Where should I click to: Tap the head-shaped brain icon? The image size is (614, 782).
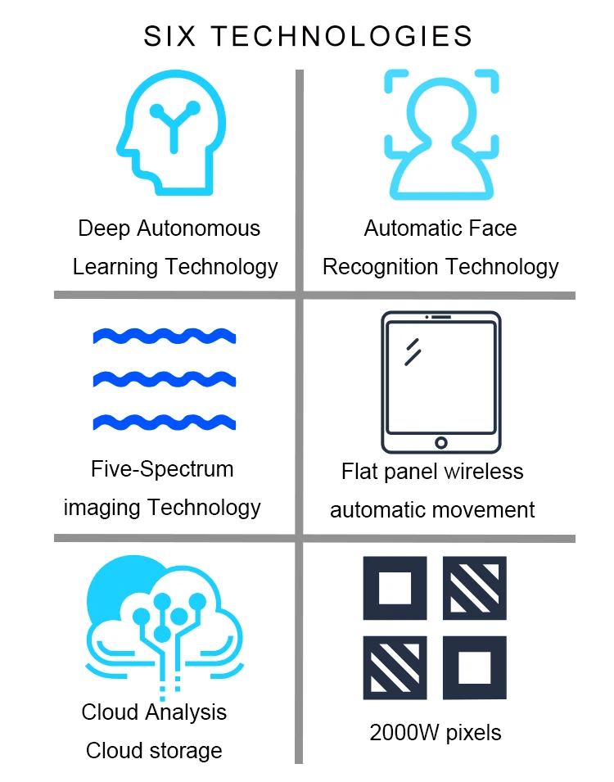171,133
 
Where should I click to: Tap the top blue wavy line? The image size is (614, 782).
164,336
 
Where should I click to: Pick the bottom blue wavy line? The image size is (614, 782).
164,423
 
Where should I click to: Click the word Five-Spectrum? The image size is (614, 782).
162,470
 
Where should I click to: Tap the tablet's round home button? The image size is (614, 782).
441,443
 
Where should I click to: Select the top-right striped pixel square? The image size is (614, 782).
475,588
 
